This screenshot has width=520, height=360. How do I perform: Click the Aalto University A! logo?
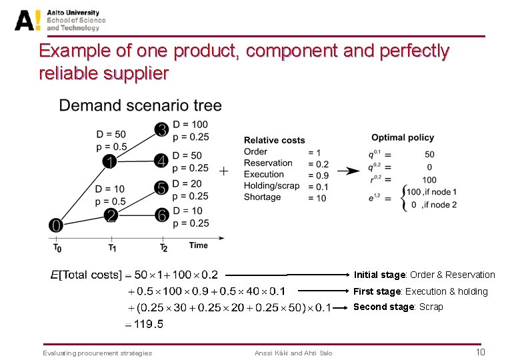(x=29, y=20)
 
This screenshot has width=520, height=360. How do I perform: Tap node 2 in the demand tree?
(x=111, y=215)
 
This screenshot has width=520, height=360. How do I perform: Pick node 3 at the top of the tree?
(x=161, y=131)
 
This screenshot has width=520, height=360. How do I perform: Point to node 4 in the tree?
(x=161, y=161)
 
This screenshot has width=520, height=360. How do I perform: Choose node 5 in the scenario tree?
(x=161, y=189)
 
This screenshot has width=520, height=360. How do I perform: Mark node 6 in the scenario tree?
(x=161, y=216)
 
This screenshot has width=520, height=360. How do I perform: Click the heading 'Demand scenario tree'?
(x=140, y=105)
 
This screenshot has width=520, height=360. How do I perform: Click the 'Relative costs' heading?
(x=274, y=140)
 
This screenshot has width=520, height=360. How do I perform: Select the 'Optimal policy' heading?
(x=402, y=137)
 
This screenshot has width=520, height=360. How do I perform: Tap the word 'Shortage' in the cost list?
(x=262, y=197)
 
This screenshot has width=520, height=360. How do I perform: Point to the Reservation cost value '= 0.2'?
(x=318, y=163)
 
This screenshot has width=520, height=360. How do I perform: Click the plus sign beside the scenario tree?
(x=223, y=171)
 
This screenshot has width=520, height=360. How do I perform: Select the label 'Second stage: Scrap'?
(x=397, y=307)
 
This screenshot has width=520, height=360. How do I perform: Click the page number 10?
(x=479, y=352)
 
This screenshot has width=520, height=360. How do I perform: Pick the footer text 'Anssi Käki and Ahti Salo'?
(x=293, y=353)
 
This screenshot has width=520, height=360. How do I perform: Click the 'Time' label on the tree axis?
(x=198, y=245)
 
